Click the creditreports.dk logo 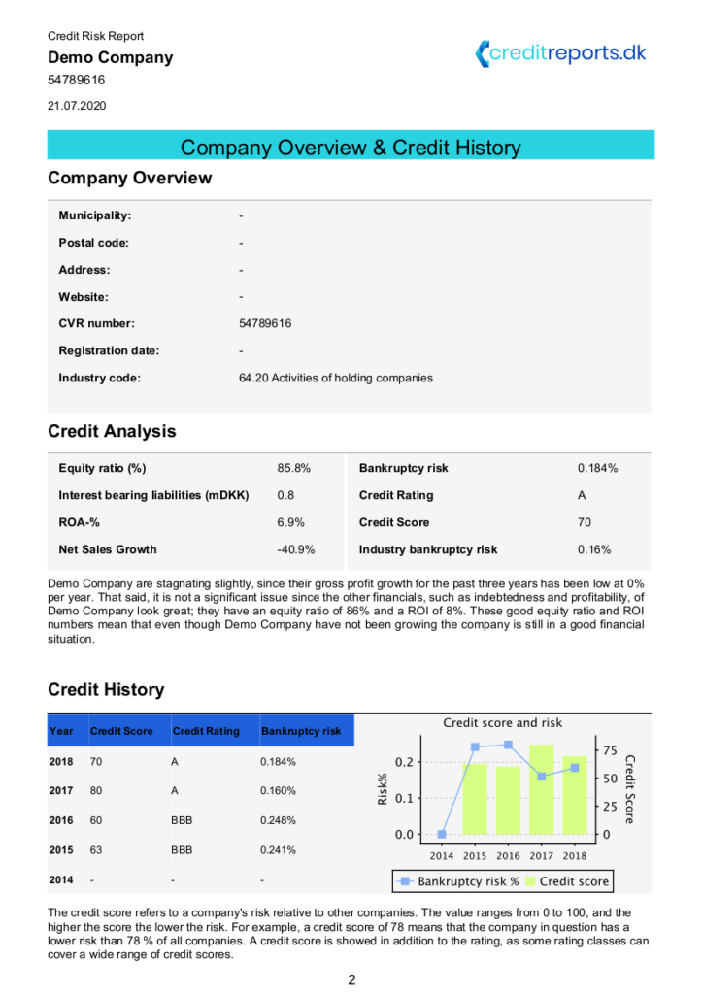point(560,53)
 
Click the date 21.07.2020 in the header point(77,105)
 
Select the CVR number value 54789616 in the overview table point(265,323)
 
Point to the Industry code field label point(99,378)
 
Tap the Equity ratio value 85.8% point(293,468)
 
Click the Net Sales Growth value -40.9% point(295,549)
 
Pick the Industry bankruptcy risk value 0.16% point(593,549)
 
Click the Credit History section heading point(106,690)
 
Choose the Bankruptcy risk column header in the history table point(300,731)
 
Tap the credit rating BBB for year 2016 point(182,820)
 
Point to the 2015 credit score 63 point(96,849)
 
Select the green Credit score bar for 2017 point(541,788)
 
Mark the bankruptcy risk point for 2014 point(442,834)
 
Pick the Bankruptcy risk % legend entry point(455,881)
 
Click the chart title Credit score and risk point(502,722)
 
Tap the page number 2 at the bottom point(351,979)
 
